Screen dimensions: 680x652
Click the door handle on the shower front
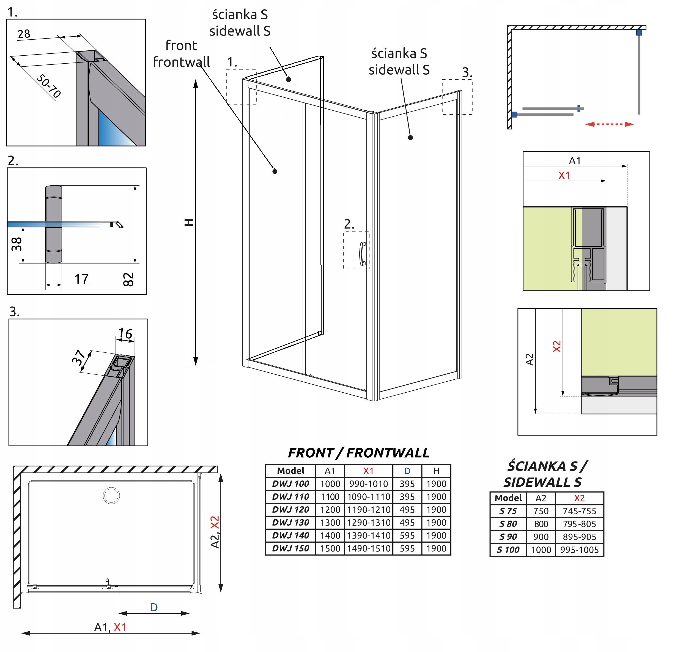tap(362, 254)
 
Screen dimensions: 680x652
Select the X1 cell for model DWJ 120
tap(368, 510)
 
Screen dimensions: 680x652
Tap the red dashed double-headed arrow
tap(609, 124)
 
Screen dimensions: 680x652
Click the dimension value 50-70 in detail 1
tap(49, 86)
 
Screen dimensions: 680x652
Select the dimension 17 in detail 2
tap(81, 279)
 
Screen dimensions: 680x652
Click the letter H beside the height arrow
tap(189, 222)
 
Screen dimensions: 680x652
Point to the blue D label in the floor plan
tap(154, 607)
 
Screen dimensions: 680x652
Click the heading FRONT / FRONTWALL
tap(358, 453)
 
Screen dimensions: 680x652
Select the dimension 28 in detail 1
tap(24, 34)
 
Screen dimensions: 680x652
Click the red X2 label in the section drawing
tap(556, 346)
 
